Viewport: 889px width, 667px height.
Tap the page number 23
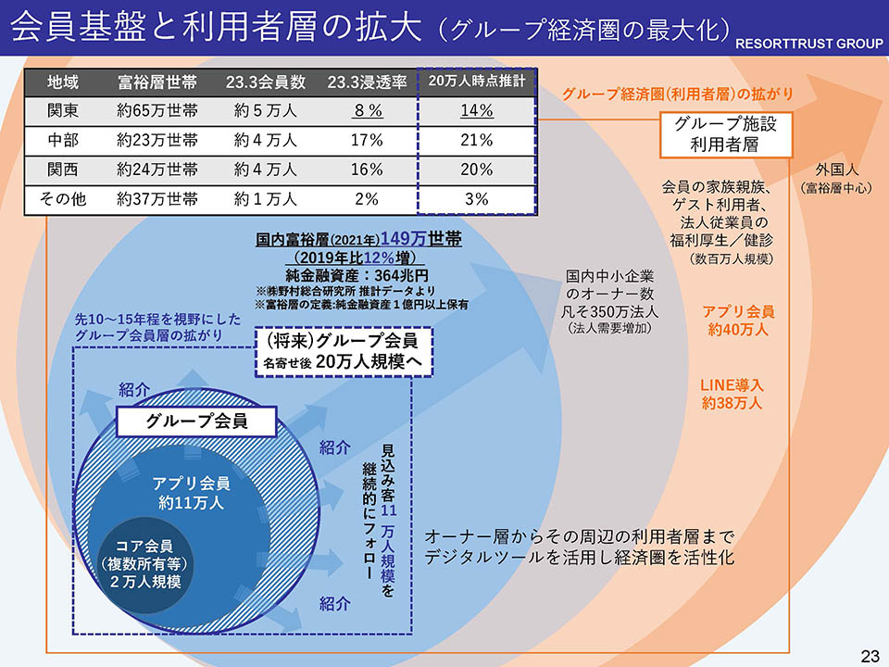[870, 656]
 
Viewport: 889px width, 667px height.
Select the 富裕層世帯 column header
[157, 82]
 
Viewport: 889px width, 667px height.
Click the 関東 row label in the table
[63, 111]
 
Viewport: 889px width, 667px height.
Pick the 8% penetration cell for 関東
[368, 111]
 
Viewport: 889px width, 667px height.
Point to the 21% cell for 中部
[477, 140]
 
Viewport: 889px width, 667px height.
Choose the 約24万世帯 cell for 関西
[157, 170]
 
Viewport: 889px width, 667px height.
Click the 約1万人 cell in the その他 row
[265, 198]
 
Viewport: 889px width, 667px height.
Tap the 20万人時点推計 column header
[477, 82]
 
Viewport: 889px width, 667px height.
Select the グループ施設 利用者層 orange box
[726, 135]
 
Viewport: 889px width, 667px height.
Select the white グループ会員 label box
[196, 422]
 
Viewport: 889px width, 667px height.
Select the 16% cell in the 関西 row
[368, 170]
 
